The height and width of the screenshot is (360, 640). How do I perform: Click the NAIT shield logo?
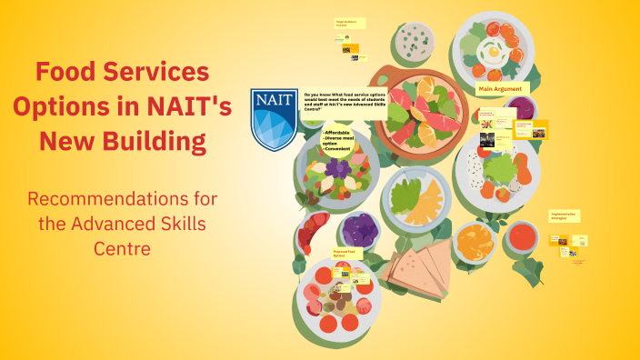pyautogui.click(x=274, y=119)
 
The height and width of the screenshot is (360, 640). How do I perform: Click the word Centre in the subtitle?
pyautogui.click(x=122, y=246)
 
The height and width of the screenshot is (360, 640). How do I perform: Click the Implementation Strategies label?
pyautogui.click(x=565, y=217)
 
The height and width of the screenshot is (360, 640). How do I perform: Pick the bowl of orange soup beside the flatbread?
pyautogui.click(x=475, y=242)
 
